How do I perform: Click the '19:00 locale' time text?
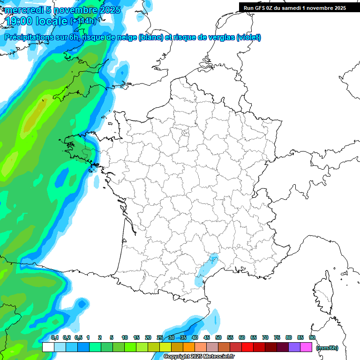[36, 21]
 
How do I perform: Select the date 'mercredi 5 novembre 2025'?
[63, 10]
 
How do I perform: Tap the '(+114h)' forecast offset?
[83, 21]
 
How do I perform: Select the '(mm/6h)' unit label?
[327, 347]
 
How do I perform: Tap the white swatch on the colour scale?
[48, 347]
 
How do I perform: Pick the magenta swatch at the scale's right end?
[306, 347]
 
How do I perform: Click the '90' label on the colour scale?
[312, 337]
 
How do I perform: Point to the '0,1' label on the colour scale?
[55, 337]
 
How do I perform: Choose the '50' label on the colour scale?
[218, 337]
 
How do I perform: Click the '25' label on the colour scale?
[160, 337]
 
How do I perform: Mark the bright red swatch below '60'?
[247, 347]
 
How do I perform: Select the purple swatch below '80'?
[294, 347]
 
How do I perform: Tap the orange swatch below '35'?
[189, 347]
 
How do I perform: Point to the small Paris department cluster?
[185, 135]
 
